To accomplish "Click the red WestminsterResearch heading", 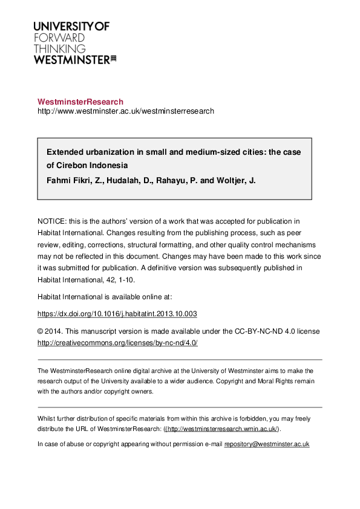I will [80, 102].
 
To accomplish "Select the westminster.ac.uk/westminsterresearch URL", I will [126, 111].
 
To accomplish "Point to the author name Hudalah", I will [125, 180].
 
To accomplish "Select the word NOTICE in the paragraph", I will [52, 221].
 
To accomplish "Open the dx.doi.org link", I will [117, 314].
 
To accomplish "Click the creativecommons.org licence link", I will [117, 343].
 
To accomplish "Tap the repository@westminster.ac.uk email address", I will [267, 444].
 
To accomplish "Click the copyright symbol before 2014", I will [41, 331].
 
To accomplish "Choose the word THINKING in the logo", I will [60, 48].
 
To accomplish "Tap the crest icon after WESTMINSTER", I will [113, 59].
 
